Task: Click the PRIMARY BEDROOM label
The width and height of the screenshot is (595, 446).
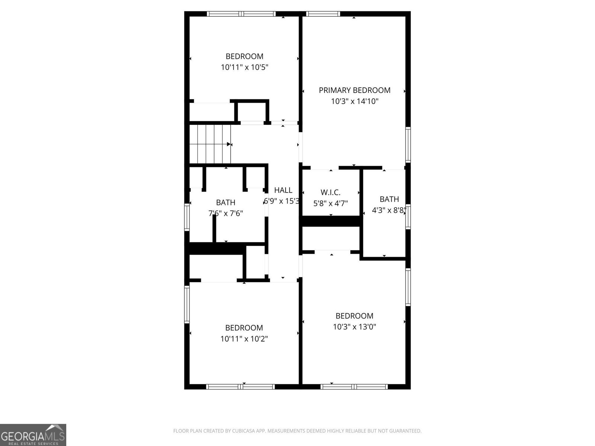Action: pyautogui.click(x=354, y=90)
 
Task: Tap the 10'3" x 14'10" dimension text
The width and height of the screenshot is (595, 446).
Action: pyautogui.click(x=354, y=101)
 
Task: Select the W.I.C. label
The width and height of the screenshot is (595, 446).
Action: pyautogui.click(x=330, y=193)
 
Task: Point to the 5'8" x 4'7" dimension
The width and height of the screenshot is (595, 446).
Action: pyautogui.click(x=330, y=203)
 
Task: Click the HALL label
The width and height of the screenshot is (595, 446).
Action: pyautogui.click(x=283, y=190)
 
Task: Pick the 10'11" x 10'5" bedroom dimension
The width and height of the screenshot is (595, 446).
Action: pyautogui.click(x=244, y=67)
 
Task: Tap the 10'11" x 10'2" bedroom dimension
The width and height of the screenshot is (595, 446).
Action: pyautogui.click(x=244, y=339)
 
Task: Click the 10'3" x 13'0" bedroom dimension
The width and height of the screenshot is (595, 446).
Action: pyautogui.click(x=354, y=327)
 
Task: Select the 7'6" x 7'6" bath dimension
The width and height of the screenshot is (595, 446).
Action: pyautogui.click(x=225, y=213)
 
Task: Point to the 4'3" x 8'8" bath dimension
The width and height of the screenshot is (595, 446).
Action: pyautogui.click(x=389, y=210)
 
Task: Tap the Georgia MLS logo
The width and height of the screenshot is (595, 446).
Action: pyautogui.click(x=33, y=434)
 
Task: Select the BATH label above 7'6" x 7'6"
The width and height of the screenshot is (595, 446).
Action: pyautogui.click(x=225, y=203)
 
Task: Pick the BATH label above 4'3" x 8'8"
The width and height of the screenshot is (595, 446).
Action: pyautogui.click(x=389, y=199)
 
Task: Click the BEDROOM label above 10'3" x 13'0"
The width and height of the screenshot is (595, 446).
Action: pyautogui.click(x=354, y=316)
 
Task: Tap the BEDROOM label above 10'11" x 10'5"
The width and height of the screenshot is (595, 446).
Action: pyautogui.click(x=244, y=56)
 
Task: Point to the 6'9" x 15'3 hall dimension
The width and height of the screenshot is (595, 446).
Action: pyautogui.click(x=282, y=201)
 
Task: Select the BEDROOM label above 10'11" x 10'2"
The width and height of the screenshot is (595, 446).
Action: pyautogui.click(x=244, y=328)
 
